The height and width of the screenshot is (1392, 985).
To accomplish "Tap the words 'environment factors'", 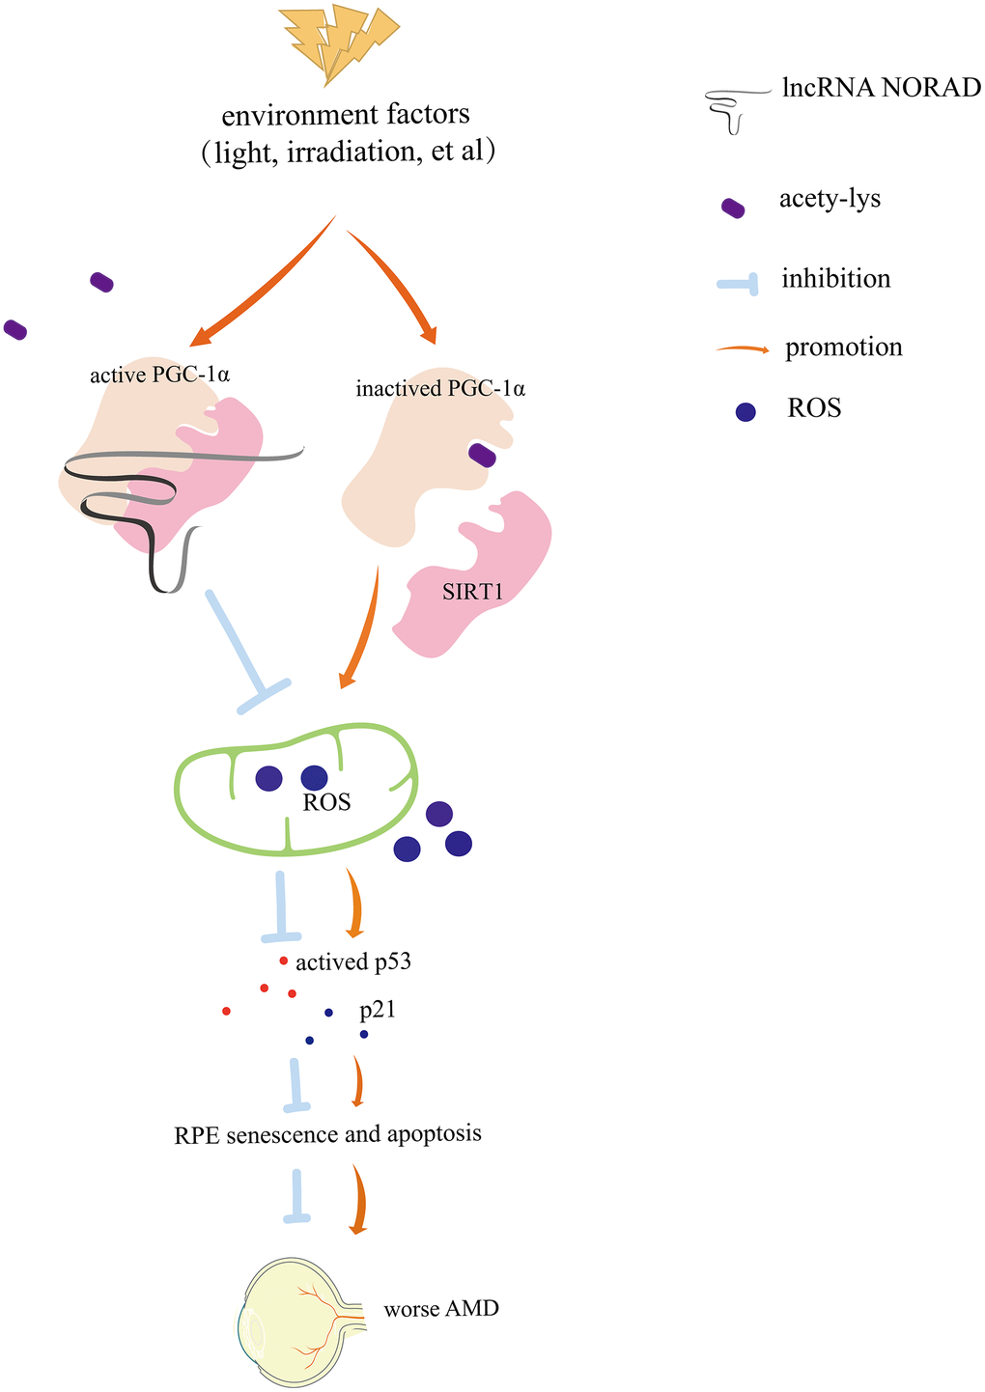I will coord(346,115).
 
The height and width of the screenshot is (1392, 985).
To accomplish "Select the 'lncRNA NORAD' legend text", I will coord(881,88).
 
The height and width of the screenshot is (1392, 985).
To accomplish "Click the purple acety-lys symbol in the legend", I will coord(734,208).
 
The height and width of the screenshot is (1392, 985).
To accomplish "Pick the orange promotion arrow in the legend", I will coord(743,348).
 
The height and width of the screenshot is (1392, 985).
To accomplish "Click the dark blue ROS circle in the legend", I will coord(746,411).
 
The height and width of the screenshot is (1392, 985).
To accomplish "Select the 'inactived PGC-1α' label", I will coord(440,390).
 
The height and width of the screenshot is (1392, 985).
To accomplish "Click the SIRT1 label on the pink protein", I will coord(473,592).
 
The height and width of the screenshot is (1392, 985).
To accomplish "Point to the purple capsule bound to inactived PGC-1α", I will coord(482,455).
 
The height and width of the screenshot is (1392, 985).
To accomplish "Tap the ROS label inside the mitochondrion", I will coord(326,802).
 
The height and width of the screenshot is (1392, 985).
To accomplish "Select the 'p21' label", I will coord(378,1011).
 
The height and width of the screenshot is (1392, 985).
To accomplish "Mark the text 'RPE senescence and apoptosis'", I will coord(327,1133).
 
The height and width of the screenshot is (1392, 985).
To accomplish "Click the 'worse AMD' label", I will coord(441,1310).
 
